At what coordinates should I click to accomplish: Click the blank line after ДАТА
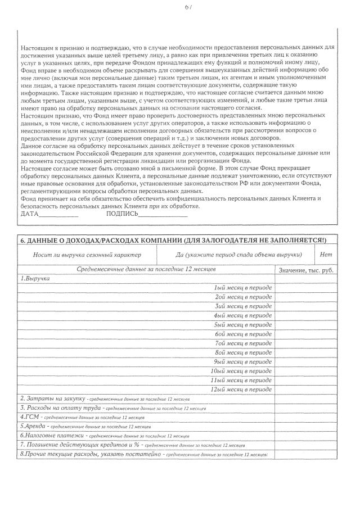pos(60,214)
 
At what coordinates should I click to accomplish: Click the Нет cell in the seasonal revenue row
pos(326,255)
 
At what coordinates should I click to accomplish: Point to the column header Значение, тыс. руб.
pos(306,271)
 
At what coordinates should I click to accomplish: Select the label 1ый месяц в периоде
pos(243,288)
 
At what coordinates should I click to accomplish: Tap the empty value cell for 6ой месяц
pos(306,334)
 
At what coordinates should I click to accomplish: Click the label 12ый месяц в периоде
pos(241,389)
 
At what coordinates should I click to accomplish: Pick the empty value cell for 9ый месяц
pos(306,361)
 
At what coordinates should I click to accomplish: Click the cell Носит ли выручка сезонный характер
pos(87,255)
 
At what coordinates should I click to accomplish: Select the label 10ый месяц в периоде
pos(241,371)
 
